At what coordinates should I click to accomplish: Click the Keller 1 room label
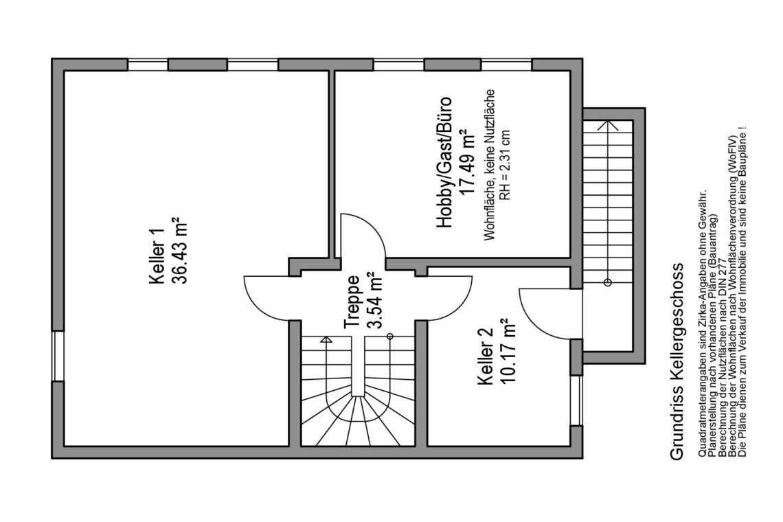click(x=157, y=256)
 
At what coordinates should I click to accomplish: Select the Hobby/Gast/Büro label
click(x=444, y=162)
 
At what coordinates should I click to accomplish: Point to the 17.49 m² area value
click(x=466, y=163)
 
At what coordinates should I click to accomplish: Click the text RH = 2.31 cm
click(x=506, y=166)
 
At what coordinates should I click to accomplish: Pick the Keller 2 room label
click(x=486, y=356)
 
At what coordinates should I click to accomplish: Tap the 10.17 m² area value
click(x=507, y=351)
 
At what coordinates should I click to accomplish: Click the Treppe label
click(x=352, y=302)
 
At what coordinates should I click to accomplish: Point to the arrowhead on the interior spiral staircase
click(x=326, y=340)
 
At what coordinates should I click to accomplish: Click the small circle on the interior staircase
click(x=390, y=337)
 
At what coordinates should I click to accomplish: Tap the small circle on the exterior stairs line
click(x=608, y=283)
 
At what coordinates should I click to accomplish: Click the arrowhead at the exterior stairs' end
click(x=608, y=125)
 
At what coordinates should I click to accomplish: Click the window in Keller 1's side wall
click(x=58, y=356)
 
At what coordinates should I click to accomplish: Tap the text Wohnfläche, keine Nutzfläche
click(x=489, y=165)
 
